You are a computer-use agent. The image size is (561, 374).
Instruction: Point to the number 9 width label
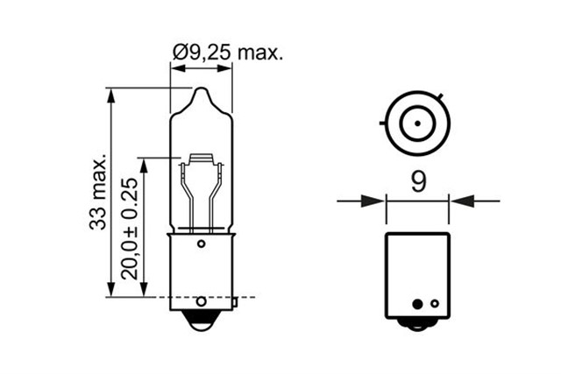[418, 180]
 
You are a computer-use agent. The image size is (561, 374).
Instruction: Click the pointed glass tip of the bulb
[201, 91]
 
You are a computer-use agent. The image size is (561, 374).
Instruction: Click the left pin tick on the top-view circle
[383, 124]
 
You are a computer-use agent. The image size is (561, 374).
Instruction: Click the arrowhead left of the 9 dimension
[378, 201]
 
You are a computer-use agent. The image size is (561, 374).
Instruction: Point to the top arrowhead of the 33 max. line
[111, 94]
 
